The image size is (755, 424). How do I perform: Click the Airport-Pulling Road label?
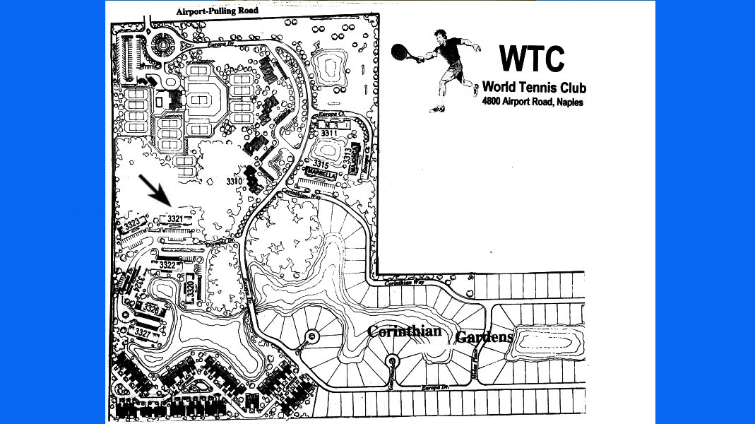click(x=218, y=11)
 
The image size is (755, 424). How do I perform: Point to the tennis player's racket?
click(x=399, y=51)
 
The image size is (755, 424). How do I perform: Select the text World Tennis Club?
click(x=534, y=88)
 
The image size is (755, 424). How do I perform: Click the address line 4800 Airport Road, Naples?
click(x=533, y=102)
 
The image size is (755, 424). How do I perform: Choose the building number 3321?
click(x=175, y=219)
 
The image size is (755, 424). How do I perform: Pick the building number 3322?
click(x=167, y=265)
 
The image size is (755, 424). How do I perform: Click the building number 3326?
click(x=150, y=309)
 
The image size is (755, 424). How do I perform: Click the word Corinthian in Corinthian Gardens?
click(x=404, y=331)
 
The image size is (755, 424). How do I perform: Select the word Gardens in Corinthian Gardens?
click(x=484, y=337)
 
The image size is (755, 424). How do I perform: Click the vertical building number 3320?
click(x=190, y=290)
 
